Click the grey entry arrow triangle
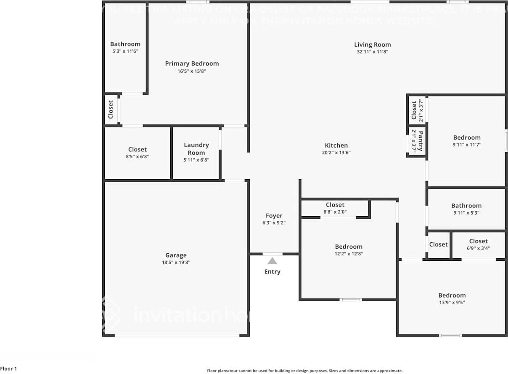coord(273,261)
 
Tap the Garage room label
coord(176,255)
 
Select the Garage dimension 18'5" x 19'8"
coord(176,263)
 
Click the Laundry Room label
coord(196,149)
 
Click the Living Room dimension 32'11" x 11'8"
coord(372,52)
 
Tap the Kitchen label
coord(336,146)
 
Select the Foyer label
coord(274,216)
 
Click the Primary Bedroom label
coord(192,64)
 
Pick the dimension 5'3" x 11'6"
coord(125,51)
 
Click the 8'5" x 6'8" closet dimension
coord(138,156)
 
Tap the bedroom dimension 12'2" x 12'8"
coord(349,254)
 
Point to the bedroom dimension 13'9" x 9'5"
coord(452,302)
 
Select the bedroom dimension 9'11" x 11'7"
coord(467,145)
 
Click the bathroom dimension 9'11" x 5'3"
coord(466,213)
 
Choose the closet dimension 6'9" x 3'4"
coord(479,248)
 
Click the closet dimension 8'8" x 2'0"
coord(335,212)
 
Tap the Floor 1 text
coord(9,369)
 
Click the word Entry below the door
coord(272,272)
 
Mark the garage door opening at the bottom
coord(177,335)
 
